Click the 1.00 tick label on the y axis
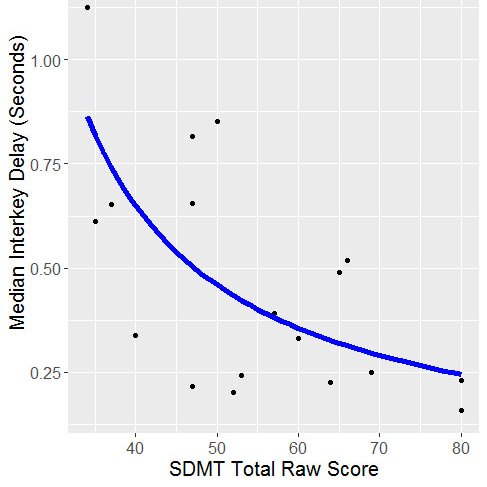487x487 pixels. click(x=47, y=60)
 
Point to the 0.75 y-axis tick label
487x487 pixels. click(x=47, y=164)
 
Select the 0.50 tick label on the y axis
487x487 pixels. click(x=47, y=268)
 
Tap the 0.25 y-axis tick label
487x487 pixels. click(x=47, y=373)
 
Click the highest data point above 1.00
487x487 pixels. click(x=87, y=7)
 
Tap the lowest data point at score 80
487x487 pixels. click(x=461, y=410)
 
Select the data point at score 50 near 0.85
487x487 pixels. click(x=217, y=121)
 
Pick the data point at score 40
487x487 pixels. click(x=135, y=335)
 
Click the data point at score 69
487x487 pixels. click(x=371, y=372)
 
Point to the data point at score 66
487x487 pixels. click(x=347, y=260)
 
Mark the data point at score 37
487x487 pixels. click(x=111, y=204)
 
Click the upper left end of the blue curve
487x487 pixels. click(x=88, y=118)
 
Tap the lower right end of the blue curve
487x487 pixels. click(x=459, y=373)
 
